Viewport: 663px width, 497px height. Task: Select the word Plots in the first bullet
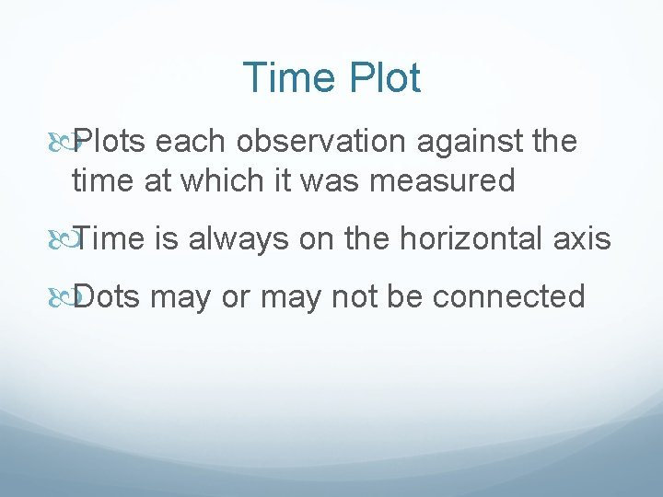[110, 142]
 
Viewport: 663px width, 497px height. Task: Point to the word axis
[586, 239]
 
